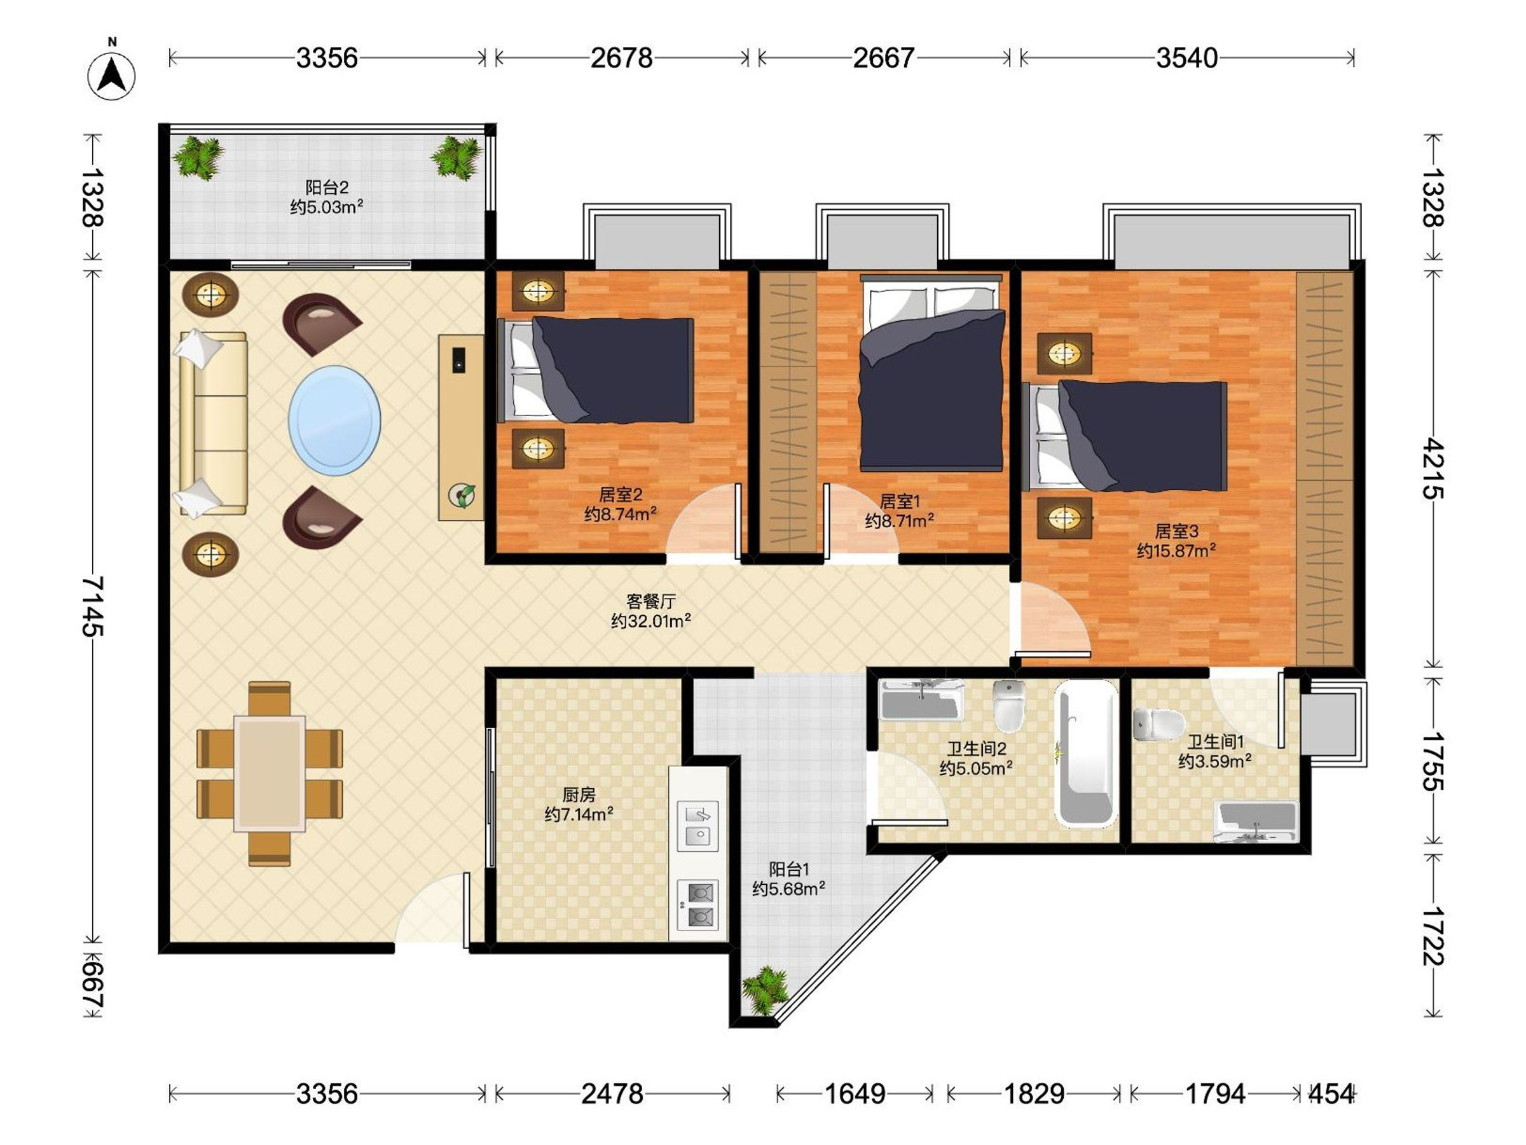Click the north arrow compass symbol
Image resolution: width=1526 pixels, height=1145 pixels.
pos(111,74)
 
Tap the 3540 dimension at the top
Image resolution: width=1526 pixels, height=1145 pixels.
pos(1186,58)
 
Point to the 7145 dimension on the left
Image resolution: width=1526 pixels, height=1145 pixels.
pos(92,606)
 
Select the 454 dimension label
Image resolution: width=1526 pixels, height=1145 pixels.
pos(1330,1093)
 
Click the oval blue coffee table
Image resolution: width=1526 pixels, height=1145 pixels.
pos(334,420)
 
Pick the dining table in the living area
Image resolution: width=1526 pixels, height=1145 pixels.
pos(270,774)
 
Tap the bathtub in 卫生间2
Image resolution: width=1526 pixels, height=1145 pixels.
pos(1086,753)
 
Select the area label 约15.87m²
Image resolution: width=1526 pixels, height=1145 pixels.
pos(1176,550)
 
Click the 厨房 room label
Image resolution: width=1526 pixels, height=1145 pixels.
pos(578,795)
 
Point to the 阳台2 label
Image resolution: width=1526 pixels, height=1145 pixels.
pos(327,187)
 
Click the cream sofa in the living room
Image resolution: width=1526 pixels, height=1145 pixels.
pos(213,423)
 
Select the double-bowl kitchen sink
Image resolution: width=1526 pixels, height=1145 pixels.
pos(698,826)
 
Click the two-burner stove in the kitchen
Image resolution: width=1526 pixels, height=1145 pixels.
pos(698,905)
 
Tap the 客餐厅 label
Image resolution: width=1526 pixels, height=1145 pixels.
pos(650,601)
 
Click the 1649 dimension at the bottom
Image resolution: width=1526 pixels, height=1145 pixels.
pos(855,1093)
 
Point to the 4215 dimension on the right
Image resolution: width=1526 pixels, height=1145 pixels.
pos(1432,468)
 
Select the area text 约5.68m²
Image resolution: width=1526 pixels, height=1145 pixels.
pos(788,889)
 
